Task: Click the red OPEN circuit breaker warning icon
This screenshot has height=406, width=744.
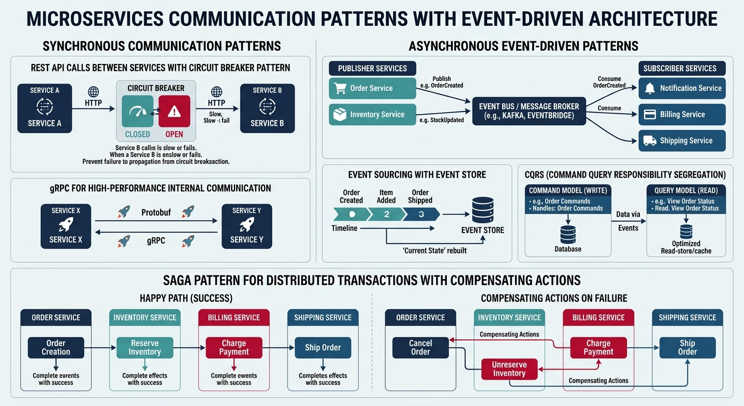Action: (174, 111)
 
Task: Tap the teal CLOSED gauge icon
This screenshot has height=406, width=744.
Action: (137, 111)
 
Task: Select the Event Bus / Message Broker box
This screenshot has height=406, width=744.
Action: (529, 110)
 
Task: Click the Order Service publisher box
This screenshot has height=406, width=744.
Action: (373, 88)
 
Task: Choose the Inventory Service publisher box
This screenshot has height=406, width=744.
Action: (373, 114)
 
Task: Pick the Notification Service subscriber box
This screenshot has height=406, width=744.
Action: (682, 88)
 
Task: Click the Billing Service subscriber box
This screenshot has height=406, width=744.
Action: (682, 114)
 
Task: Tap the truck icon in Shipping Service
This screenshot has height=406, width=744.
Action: (650, 141)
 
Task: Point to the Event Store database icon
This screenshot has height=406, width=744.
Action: (482, 210)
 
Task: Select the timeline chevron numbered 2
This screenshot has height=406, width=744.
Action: (386, 214)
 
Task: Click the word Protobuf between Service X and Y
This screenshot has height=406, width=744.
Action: (156, 212)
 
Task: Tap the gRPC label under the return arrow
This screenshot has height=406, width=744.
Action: (156, 241)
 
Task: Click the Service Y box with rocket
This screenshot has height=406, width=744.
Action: (247, 226)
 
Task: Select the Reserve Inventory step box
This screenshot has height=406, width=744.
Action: (145, 347)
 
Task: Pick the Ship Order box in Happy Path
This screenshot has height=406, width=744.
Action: (323, 347)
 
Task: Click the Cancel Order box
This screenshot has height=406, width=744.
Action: (421, 347)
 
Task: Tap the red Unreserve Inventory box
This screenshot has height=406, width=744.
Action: (509, 369)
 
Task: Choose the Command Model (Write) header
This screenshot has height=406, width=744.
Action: (568, 190)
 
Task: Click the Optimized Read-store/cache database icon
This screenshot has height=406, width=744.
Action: (686, 231)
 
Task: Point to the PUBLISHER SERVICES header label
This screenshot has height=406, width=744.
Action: (373, 68)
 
